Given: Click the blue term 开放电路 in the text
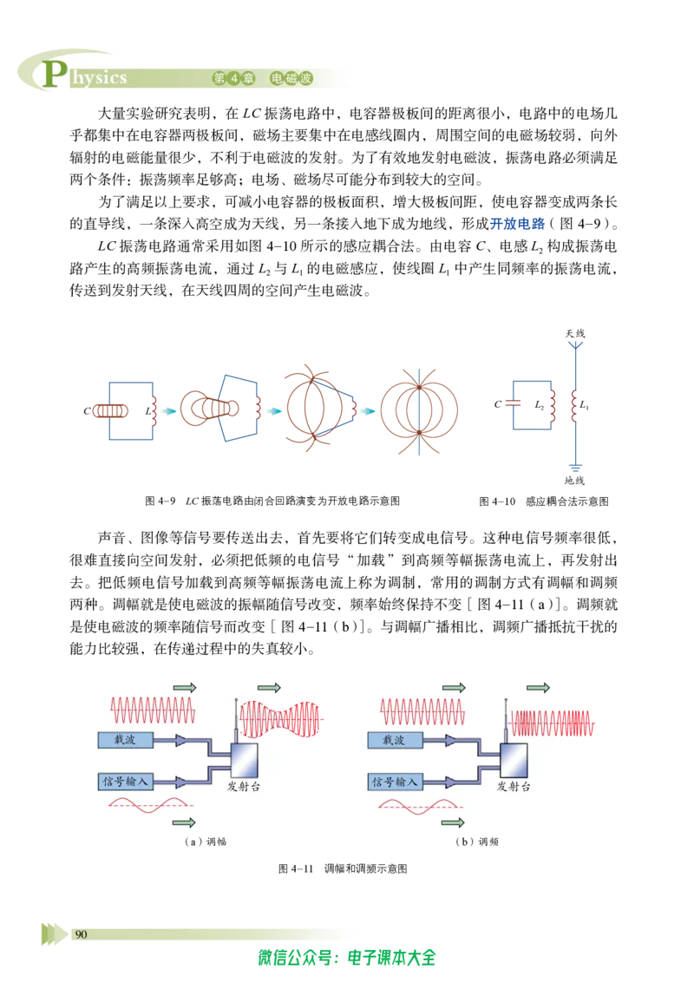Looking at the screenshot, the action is tap(517, 224).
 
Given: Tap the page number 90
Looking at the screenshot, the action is tap(81, 934).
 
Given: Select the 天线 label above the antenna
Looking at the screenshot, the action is tap(575, 333).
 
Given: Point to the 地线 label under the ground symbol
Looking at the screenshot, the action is tap(574, 481).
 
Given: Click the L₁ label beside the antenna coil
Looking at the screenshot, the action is tap(584, 405).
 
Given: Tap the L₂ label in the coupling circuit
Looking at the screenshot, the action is tap(540, 405).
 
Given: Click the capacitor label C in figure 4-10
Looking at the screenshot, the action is tap(497, 404).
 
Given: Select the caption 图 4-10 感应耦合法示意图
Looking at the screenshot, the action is tap(544, 501).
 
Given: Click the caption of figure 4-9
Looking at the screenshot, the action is tap(272, 501).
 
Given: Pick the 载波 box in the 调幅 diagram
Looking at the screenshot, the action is tap(125, 740).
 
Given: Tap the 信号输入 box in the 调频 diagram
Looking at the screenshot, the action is tap(396, 782).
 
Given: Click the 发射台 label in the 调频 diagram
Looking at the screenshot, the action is tap(514, 787).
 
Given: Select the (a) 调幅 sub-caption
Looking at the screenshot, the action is tap(206, 841).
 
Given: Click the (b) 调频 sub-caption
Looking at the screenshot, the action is tap(476, 841).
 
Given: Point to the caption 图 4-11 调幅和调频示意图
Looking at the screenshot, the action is tap(343, 868).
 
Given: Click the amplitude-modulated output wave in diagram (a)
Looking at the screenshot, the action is tap(280, 719).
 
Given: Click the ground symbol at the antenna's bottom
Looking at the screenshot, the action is tap(575, 468).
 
